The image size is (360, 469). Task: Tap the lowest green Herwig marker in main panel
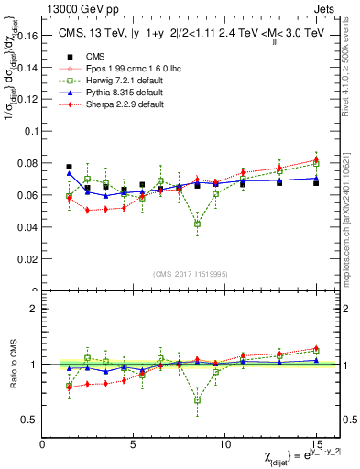click(197, 224)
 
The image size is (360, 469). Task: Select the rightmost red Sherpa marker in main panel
click(316, 159)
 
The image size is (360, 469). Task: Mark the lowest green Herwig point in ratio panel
click(197, 399)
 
